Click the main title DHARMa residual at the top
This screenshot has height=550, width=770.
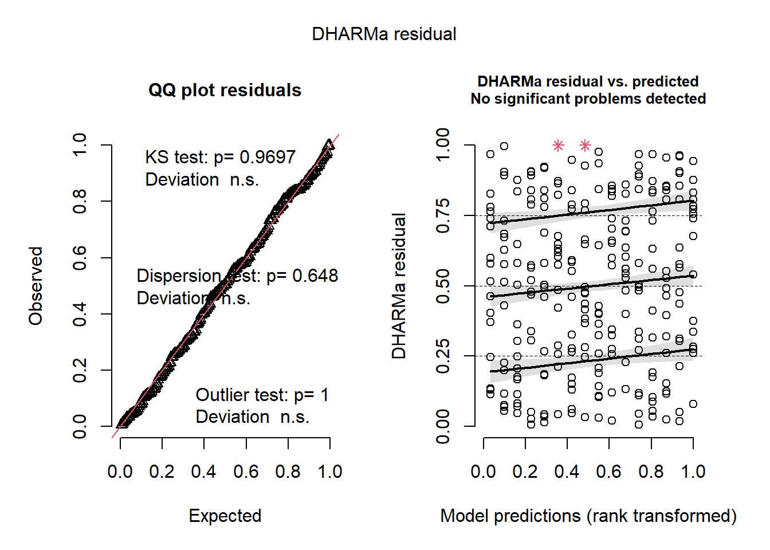384,34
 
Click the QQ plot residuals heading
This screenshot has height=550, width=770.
225,91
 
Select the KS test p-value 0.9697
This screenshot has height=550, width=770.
267,157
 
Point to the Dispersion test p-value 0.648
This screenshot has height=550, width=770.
315,276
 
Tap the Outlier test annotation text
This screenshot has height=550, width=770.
262,395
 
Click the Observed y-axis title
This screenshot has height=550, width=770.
36,286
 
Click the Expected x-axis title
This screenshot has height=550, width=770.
225,516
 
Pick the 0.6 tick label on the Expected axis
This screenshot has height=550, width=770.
246,472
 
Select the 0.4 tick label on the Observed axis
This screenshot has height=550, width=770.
80,314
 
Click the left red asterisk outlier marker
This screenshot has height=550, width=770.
558,146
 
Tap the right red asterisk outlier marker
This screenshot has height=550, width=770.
585,146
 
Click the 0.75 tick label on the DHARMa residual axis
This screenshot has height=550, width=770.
443,216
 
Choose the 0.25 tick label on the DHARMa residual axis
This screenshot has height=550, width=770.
443,356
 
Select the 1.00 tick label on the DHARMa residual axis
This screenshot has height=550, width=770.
443,146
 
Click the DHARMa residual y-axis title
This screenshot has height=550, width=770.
399,286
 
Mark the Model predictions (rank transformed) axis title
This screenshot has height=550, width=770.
588,516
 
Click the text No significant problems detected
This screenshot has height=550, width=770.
588,99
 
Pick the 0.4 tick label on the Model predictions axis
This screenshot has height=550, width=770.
567,472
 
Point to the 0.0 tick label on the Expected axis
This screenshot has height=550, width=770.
120,472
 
